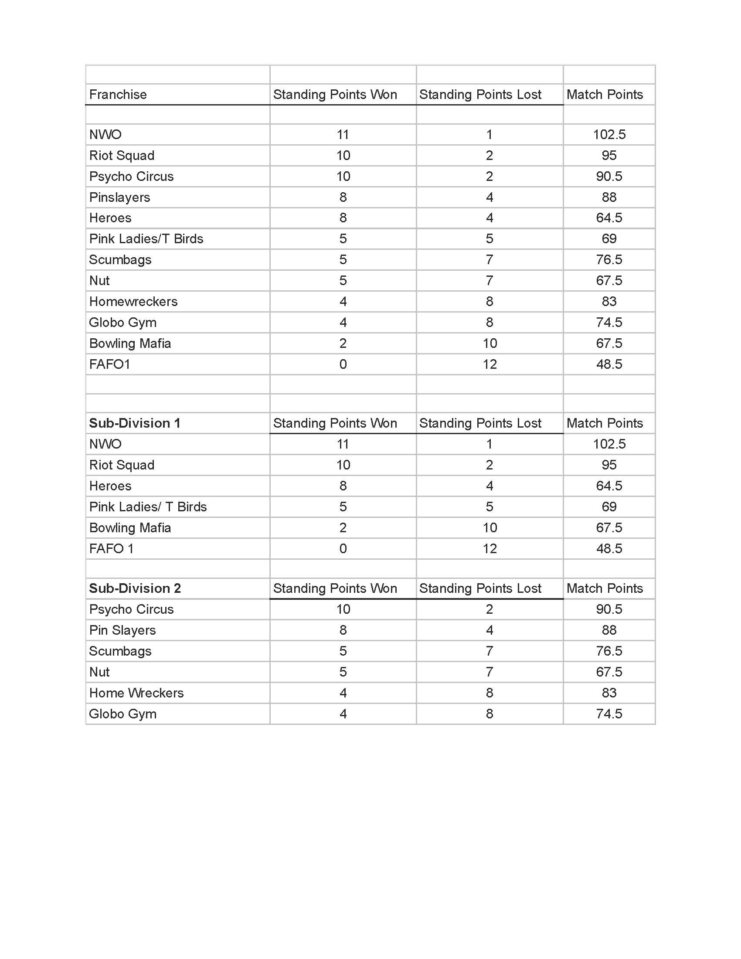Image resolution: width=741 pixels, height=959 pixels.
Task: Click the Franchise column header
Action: (118, 95)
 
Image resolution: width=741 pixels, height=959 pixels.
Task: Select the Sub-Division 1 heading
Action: (134, 423)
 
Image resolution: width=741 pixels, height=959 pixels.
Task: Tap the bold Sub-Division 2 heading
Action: (135, 588)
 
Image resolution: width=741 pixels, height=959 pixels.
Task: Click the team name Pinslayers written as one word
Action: (119, 197)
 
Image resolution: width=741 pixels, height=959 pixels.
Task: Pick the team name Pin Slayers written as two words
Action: (122, 630)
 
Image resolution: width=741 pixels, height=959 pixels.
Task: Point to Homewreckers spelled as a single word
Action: (133, 301)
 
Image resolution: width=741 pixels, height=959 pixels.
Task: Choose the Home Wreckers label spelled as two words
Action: (136, 693)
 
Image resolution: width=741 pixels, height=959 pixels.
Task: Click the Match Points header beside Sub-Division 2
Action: (605, 588)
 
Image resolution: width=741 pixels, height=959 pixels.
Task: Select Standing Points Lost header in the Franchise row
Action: (480, 95)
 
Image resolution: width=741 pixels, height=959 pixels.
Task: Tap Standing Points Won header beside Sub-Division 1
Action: (335, 423)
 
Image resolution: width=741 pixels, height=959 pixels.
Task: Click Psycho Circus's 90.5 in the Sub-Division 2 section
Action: (609, 609)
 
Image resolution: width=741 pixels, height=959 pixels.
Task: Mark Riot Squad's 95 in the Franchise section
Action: (609, 156)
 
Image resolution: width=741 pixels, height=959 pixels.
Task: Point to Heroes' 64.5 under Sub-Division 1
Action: (609, 486)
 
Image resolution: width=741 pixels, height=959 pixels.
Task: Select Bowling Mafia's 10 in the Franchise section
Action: (489, 343)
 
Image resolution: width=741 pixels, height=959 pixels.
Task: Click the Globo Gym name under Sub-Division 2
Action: (122, 714)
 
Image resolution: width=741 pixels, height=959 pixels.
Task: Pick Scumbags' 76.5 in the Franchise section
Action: (609, 259)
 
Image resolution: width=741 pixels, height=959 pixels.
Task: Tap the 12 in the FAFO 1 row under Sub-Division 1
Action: (489, 548)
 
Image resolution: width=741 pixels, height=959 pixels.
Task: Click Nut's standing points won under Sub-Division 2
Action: (343, 672)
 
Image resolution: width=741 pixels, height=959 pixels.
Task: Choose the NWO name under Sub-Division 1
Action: (105, 444)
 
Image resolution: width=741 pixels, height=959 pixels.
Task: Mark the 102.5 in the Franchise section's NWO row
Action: (609, 134)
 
